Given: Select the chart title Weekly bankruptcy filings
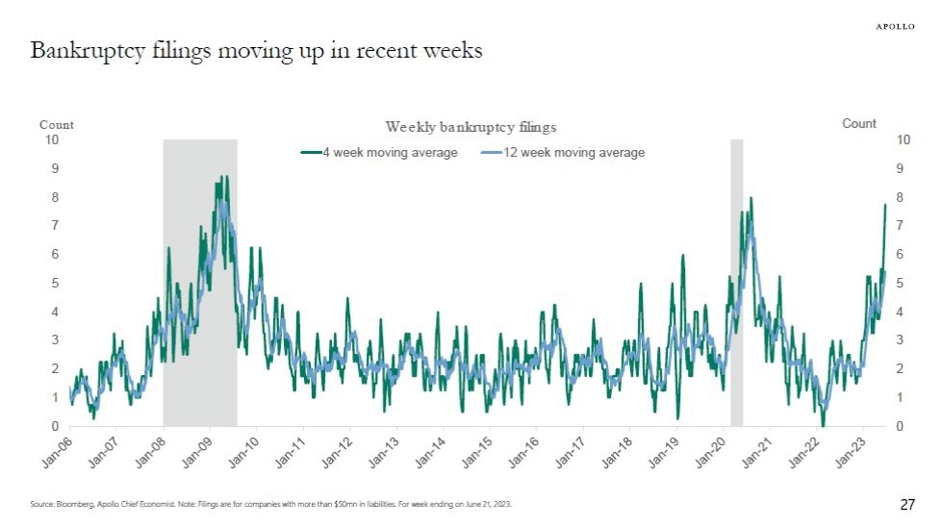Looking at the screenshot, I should [x=471, y=127].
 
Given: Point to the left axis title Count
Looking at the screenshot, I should [x=56, y=125].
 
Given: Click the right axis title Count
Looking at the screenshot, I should [x=859, y=124].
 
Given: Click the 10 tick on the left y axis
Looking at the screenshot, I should [x=53, y=140].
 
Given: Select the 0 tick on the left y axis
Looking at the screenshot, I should [x=56, y=426].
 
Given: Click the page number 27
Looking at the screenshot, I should [x=907, y=505].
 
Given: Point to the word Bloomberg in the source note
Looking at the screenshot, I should [x=74, y=505].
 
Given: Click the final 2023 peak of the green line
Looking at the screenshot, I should [x=885, y=205].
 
